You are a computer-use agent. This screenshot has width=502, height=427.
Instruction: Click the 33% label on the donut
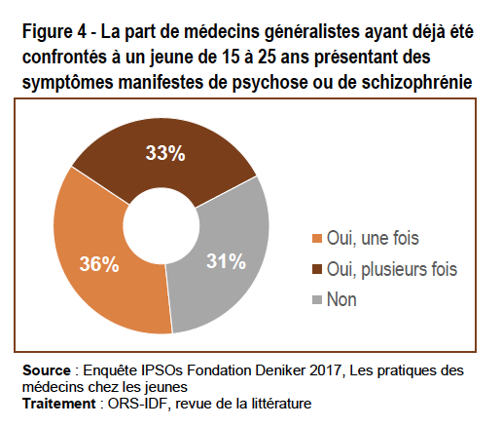[x=165, y=153]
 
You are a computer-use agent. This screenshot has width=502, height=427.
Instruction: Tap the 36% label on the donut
[x=99, y=263]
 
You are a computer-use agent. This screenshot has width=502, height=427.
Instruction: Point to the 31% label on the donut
[x=226, y=261]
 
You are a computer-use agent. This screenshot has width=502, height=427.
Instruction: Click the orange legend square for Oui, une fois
[x=317, y=238]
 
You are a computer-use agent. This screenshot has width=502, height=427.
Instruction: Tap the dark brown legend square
[x=317, y=269]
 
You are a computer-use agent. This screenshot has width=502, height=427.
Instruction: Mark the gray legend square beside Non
[x=317, y=299]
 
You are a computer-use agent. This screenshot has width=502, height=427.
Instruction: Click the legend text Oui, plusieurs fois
[x=392, y=269]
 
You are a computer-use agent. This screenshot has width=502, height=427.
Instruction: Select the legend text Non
[x=341, y=299]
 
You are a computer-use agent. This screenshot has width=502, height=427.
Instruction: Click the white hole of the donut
[x=161, y=226]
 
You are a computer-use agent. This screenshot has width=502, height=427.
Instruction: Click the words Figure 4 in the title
[x=54, y=32]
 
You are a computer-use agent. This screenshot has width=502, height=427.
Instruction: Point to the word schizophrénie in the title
[x=416, y=82]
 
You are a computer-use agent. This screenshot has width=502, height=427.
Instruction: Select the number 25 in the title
[x=267, y=57]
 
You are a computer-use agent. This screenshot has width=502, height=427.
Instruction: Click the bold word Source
[x=47, y=370]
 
